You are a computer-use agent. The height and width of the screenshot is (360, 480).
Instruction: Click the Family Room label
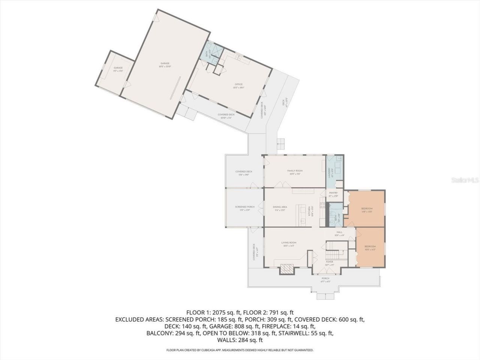coord(295,171)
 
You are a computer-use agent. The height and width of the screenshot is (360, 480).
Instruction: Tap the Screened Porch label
coord(245,207)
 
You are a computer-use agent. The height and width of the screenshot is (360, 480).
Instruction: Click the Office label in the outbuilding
coord(239,84)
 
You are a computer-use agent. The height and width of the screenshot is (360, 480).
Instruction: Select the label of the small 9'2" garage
coord(118,68)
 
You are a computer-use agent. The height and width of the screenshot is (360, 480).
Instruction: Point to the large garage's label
coord(165,63)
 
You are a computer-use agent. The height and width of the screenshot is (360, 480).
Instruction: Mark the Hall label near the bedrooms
coord(339,232)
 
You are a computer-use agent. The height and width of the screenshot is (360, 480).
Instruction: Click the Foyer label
coord(329,262)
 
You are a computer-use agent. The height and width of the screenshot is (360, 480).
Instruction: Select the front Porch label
coord(325,278)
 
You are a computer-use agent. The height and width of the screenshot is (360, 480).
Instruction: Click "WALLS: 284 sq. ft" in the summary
coord(240,340)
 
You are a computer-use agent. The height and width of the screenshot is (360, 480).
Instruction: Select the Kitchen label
coord(310,212)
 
